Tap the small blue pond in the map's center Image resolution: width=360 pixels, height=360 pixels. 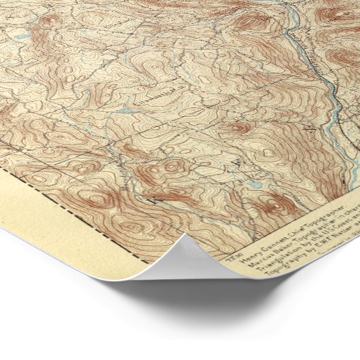(124, 110)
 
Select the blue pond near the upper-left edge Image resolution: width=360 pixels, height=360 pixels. (23, 36)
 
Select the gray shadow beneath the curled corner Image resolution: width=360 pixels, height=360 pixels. (204, 312)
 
